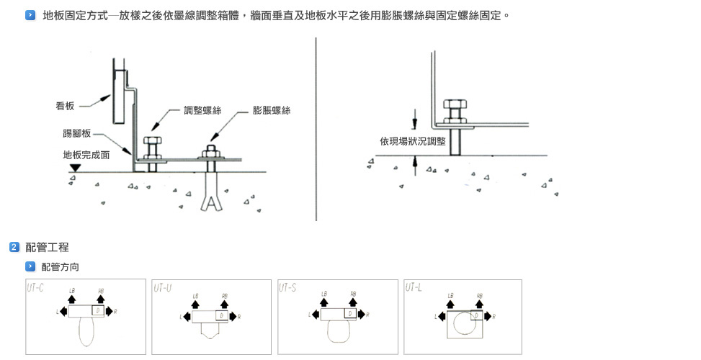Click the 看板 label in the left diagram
click(66, 106)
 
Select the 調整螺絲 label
click(202, 110)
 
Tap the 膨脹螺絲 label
click(272, 110)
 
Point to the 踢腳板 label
click(76, 133)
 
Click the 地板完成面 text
click(86, 154)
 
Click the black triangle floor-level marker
click(74, 168)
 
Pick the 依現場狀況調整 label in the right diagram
click(413, 141)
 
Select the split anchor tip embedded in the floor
click(212, 199)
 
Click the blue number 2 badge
click(14, 248)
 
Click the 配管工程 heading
click(47, 248)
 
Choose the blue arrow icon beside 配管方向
click(30, 267)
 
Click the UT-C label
click(35, 288)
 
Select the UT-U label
click(162, 288)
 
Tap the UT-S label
click(287, 288)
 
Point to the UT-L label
click(414, 288)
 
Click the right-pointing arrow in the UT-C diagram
click(110, 311)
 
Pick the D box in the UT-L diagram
click(477, 315)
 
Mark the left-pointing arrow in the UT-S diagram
click(316, 315)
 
